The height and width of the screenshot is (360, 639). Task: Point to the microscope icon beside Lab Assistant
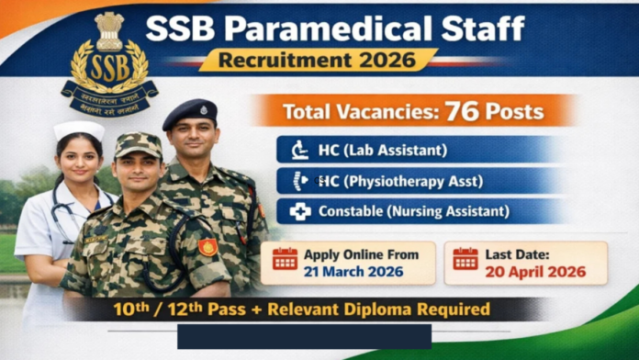[299, 150]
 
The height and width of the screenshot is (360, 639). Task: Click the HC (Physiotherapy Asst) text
[400, 181]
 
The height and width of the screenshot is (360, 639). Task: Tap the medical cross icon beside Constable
[300, 211]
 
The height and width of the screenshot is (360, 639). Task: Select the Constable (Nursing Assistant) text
[413, 211]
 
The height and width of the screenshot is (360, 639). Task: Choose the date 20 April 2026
[538, 271]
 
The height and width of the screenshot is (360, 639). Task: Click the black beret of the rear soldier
[190, 114]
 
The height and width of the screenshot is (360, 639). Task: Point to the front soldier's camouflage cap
[138, 146]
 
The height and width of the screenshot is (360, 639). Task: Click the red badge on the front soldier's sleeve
[208, 246]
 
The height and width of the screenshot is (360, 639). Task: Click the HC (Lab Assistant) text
[382, 150]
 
